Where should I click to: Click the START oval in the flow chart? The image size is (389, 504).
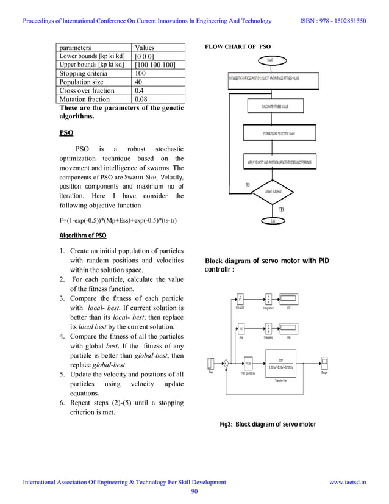pos(269,60)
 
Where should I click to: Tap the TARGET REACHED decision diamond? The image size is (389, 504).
pos(272,192)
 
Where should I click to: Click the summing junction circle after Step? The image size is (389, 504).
pos(226,364)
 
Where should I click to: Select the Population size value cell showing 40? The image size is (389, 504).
pos(159,82)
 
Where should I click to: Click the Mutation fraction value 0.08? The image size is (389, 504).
pos(159,99)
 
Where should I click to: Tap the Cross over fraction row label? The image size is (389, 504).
pos(87,90)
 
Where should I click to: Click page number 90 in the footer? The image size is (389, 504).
pos(194,492)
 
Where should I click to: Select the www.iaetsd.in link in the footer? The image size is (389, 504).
pos(348,482)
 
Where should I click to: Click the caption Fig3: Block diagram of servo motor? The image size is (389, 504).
pos(268,423)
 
